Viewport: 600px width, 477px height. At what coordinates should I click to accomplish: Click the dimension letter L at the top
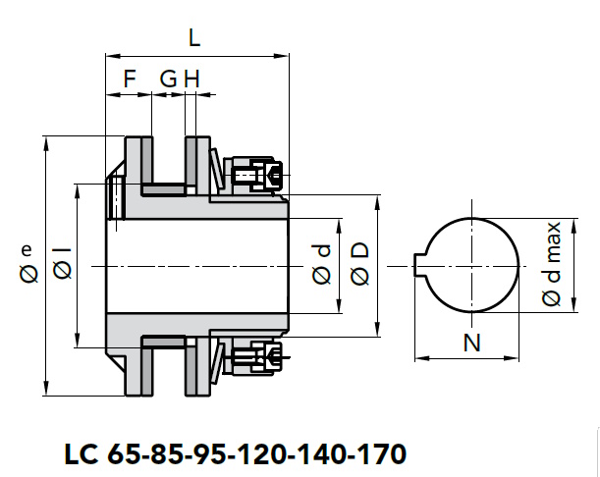[194, 38]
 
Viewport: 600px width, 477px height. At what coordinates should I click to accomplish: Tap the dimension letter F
[130, 79]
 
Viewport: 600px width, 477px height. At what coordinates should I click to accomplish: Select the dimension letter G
[168, 79]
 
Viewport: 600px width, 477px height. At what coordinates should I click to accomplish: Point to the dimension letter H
[191, 79]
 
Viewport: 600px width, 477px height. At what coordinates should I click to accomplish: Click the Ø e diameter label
[28, 264]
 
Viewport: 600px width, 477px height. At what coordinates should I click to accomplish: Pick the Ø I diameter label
[62, 263]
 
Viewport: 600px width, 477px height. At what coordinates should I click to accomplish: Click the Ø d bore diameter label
[321, 265]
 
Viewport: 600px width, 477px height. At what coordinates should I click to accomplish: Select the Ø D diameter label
[359, 264]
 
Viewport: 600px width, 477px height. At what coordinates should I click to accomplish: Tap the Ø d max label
[552, 264]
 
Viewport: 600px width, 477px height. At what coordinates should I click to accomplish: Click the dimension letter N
[471, 343]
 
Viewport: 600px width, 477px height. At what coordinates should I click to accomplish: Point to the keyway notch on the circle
[420, 265]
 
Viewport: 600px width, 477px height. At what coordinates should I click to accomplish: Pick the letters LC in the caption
[82, 454]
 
